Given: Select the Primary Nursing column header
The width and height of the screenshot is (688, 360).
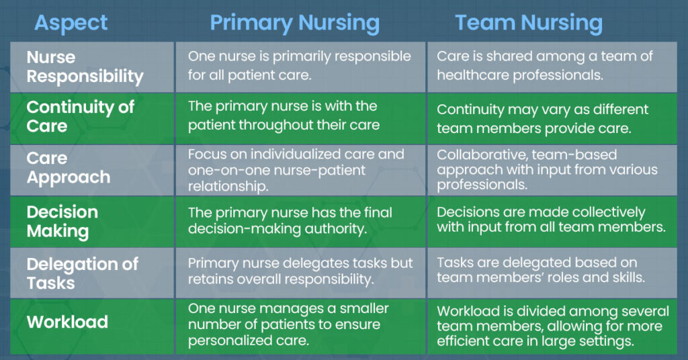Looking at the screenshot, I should (294, 22).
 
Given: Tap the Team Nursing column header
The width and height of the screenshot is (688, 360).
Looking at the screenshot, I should (528, 22).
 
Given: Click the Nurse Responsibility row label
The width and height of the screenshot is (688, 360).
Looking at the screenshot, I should (85, 66).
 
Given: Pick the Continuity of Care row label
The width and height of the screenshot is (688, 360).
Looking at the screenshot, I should (80, 116).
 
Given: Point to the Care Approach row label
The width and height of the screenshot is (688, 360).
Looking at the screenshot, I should (68, 168).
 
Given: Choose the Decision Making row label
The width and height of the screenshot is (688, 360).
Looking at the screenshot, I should (62, 222).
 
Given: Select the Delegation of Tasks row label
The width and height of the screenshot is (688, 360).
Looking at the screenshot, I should (82, 273).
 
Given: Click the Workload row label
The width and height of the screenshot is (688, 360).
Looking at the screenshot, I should (67, 322).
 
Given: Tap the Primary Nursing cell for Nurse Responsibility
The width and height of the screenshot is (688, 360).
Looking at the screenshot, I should (299, 66).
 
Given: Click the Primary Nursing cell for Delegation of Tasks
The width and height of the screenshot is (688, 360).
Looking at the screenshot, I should (300, 271).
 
